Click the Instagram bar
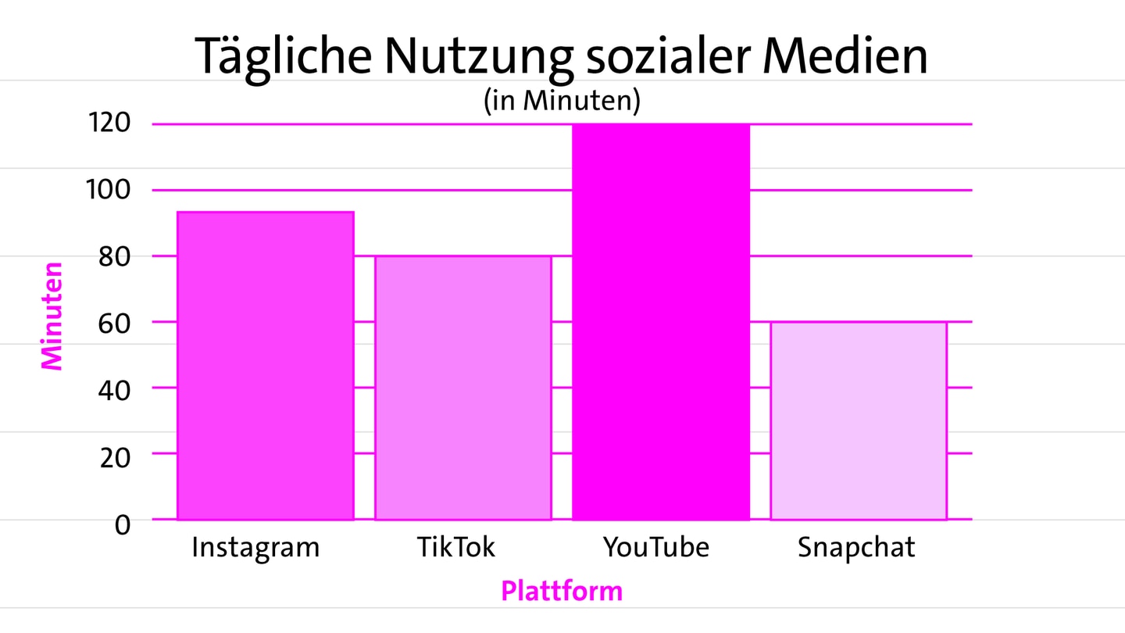tap(265, 366)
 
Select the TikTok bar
tap(462, 388)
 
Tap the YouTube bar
tap(661, 322)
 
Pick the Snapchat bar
tap(858, 420)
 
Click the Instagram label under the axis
tap(255, 548)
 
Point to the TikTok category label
tap(456, 547)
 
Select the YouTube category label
tap(656, 547)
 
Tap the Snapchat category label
tap(856, 547)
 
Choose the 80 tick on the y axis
tap(114, 256)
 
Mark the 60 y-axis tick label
tap(114, 322)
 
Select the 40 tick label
tap(114, 388)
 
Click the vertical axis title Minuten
tap(52, 315)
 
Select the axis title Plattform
tap(562, 591)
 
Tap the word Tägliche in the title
tap(283, 56)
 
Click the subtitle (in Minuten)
tap(562, 101)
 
